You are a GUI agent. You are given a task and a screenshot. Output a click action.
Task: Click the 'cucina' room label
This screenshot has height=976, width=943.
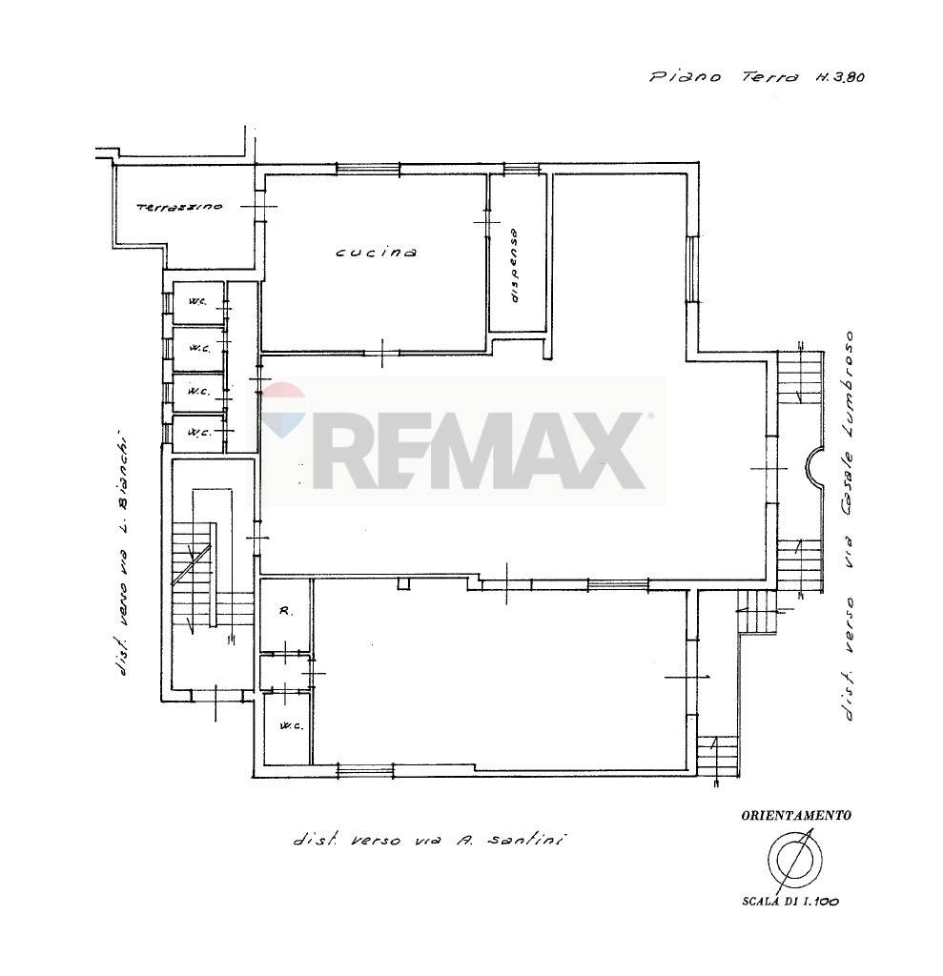(377, 252)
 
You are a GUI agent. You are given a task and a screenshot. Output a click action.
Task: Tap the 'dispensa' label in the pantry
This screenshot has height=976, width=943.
(515, 266)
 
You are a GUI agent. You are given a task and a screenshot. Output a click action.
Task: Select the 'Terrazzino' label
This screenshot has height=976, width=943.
(178, 207)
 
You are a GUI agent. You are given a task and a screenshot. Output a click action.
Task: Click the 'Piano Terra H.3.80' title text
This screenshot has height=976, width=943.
(756, 77)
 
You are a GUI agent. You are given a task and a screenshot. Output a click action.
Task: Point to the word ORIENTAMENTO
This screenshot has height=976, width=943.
(796, 815)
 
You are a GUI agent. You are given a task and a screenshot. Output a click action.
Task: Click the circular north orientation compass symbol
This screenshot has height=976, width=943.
(795, 860)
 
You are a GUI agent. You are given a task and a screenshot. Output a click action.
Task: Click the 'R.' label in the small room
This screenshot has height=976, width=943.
(285, 612)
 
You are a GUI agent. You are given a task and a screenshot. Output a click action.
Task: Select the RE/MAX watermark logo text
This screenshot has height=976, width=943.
(479, 449)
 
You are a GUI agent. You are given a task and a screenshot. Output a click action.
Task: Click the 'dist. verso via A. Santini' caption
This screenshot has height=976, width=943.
(429, 841)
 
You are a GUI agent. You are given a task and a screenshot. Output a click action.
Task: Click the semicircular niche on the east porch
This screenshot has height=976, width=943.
(812, 468)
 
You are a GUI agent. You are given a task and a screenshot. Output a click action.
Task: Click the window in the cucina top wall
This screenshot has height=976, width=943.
(367, 168)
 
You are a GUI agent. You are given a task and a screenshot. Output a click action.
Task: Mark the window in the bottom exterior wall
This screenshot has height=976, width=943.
(365, 771)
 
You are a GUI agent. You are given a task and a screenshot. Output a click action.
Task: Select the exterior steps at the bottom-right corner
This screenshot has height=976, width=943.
(717, 758)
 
